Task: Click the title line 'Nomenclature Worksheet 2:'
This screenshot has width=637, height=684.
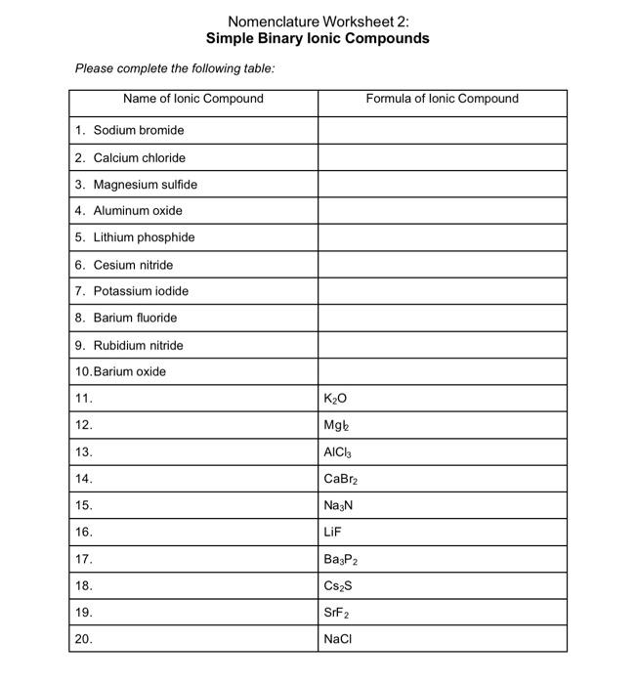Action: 318,21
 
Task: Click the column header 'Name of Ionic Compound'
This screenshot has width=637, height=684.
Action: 193,99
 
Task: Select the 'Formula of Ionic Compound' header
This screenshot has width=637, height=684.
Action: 443,99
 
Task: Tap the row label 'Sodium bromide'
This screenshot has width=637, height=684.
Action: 138,130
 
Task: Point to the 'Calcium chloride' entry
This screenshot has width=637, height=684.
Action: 139,157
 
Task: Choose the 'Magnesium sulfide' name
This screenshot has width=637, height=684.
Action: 145,184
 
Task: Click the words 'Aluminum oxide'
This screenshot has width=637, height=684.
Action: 138,210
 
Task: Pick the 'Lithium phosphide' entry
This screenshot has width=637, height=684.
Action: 144,237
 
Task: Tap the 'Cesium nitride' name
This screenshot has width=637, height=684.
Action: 133,265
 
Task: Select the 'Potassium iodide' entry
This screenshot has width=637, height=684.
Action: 141,291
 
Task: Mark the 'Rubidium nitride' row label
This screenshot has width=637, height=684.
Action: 138,345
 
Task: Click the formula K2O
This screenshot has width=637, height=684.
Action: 334,399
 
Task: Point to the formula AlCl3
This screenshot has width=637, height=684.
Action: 336,452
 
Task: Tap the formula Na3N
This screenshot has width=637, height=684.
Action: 337,506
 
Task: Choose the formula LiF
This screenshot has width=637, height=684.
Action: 332,533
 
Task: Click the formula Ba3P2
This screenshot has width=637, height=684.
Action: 340,560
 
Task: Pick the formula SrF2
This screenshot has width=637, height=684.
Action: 336,614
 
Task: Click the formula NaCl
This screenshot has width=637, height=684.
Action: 337,640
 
